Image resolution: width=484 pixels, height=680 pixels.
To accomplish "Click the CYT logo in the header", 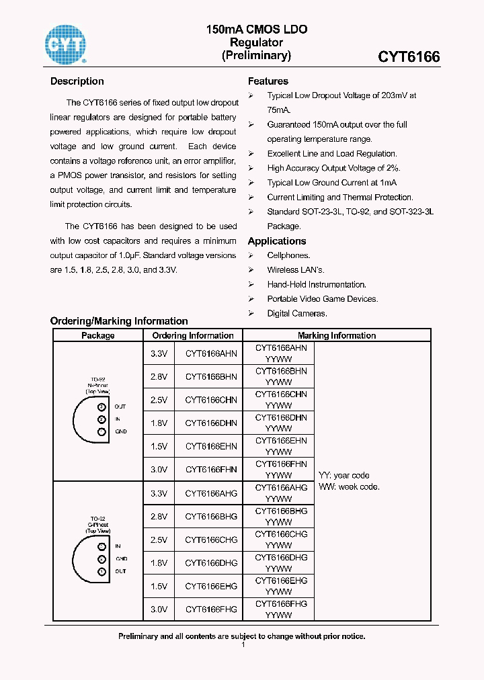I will coord(65,44).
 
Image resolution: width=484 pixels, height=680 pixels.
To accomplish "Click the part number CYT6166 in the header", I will coord(409,57).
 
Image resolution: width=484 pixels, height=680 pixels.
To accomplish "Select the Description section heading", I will coord(77,81).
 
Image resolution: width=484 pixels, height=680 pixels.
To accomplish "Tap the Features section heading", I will coord(268,81).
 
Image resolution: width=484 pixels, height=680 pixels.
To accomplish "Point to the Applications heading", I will coord(277,241).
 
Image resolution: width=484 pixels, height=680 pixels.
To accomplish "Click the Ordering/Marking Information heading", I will coord(119,321).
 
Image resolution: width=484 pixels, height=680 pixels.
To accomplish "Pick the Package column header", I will coord(98,335).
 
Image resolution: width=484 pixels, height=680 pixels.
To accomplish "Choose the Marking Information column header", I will coord(337,335).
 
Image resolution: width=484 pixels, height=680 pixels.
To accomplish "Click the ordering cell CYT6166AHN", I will coord(211,353).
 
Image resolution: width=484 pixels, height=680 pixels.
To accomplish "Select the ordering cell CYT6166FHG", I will coord(211,609).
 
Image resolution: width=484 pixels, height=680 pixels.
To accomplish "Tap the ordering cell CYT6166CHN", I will coord(211,400).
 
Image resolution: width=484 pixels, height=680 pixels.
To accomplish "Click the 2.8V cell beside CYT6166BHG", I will coord(159,516).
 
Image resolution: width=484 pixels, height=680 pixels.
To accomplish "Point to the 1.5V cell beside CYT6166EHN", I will coord(159,446).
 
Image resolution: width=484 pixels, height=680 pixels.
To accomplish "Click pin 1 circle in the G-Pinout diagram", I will coord(102,571).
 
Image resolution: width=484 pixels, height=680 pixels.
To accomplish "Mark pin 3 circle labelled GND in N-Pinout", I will coord(102,431).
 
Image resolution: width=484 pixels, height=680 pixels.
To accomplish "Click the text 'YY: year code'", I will coord(344,475).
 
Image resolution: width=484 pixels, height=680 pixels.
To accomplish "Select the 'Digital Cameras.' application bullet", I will coord(297,313).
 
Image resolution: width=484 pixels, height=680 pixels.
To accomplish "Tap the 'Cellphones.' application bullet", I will coord(288,255).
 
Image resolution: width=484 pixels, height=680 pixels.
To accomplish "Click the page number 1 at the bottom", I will coord(243,645).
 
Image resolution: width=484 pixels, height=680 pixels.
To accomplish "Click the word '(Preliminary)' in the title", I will coord(256,56).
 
